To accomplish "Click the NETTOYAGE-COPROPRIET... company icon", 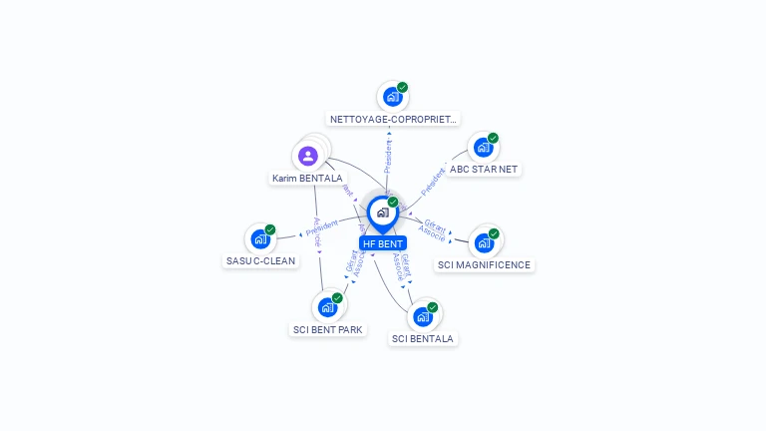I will pyautogui.click(x=393, y=98).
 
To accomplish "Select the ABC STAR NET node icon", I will pyautogui.click(x=484, y=148).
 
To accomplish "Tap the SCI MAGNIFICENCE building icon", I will pyautogui.click(x=484, y=241).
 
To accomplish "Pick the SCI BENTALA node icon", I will pyautogui.click(x=423, y=317).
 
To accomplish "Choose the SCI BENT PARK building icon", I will pyautogui.click(x=327, y=307).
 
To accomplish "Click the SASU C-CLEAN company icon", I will pyautogui.click(x=260, y=239).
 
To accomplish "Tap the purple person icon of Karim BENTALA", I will pyautogui.click(x=308, y=156).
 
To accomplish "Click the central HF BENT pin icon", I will pyautogui.click(x=382, y=213).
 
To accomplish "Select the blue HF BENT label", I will pyautogui.click(x=383, y=243).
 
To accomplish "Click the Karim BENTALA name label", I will pyautogui.click(x=307, y=179).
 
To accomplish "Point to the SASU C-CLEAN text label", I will pyautogui.click(x=260, y=261).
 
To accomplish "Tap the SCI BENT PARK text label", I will pyautogui.click(x=328, y=329).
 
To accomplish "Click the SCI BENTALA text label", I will pyautogui.click(x=423, y=339).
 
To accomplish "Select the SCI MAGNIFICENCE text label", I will pyautogui.click(x=485, y=265).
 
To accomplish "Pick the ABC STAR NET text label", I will pyautogui.click(x=484, y=170).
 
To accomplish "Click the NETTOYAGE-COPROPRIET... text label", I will pyautogui.click(x=394, y=119).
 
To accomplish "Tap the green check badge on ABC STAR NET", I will pyautogui.click(x=493, y=139).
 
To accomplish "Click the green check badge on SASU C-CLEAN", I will pyautogui.click(x=269, y=230).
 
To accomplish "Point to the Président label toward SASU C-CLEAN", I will pyautogui.click(x=322, y=229).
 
